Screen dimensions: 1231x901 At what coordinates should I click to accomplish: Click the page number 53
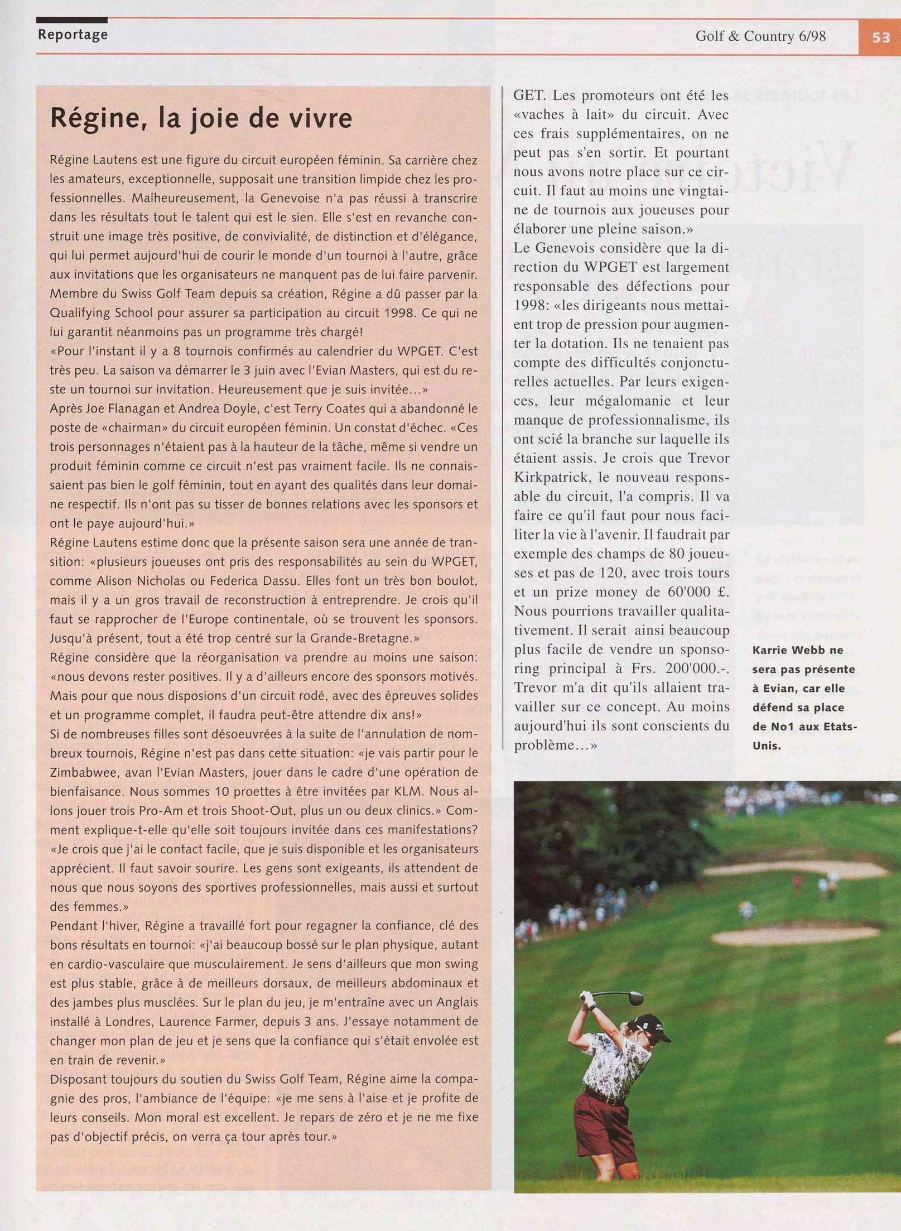click(881, 37)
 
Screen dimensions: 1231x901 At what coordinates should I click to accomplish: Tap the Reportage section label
click(73, 35)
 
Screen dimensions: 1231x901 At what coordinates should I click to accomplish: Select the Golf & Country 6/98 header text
click(760, 36)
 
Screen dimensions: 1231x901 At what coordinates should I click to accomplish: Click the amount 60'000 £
click(698, 592)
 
